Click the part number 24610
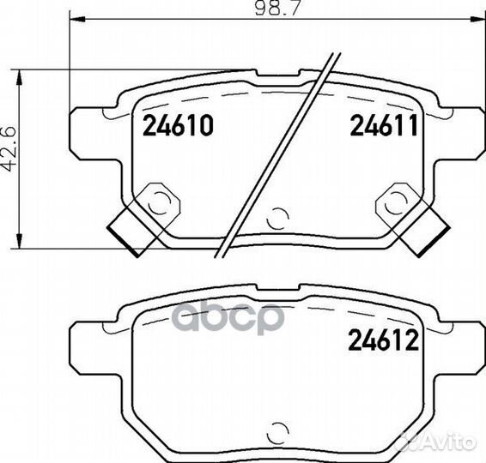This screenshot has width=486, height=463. click(178, 125)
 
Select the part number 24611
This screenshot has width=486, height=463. click(385, 125)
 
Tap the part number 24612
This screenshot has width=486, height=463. click(384, 340)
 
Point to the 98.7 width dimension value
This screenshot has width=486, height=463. click(277, 8)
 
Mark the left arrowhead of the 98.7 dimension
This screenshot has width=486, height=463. click(78, 19)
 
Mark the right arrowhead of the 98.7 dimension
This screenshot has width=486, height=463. click(477, 19)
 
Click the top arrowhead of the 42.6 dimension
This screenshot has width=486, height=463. click(20, 77)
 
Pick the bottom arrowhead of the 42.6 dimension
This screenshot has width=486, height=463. click(20, 240)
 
